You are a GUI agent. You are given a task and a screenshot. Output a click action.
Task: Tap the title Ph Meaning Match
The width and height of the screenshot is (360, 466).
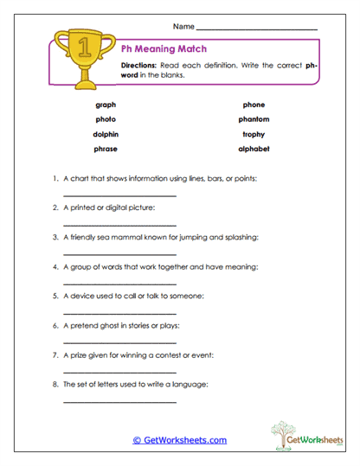pos(164,49)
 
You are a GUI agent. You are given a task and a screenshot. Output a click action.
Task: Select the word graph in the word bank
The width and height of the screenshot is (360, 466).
pos(106,105)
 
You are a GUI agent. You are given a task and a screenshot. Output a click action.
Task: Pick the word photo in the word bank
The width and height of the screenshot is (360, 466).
pos(106,119)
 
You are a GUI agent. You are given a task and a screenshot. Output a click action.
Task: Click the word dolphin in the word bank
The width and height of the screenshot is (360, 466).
pos(106,134)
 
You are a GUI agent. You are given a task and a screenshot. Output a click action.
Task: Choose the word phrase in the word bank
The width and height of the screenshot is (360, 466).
pos(106,149)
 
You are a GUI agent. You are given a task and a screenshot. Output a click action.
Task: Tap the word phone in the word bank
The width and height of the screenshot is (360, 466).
pos(254,105)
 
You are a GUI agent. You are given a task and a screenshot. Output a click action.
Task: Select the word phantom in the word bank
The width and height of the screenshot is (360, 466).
pos(254,119)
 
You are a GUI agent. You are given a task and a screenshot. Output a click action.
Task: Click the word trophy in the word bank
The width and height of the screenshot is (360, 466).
pos(254,134)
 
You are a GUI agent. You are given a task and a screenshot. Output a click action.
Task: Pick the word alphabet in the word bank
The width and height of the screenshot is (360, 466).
pos(254,149)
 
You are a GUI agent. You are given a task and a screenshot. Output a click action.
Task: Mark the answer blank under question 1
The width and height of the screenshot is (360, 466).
pos(119,195)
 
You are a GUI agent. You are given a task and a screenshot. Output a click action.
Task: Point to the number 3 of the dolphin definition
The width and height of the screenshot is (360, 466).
pos(55,237)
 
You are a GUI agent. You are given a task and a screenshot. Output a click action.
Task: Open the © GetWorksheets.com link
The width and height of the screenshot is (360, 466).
pos(179,440)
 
